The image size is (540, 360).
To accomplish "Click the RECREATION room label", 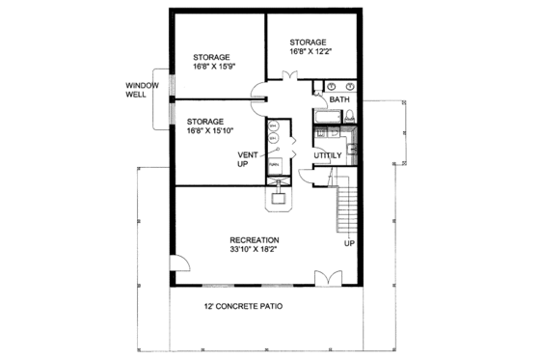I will [x=254, y=239].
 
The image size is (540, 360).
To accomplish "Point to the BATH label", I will [x=338, y=99].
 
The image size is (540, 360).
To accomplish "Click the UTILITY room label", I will [x=330, y=154].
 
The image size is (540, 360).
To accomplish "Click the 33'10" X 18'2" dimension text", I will [x=254, y=250].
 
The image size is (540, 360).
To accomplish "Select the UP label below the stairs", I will [x=349, y=242].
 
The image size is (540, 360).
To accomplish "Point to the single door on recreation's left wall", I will [x=177, y=266].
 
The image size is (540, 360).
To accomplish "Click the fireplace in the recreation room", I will [x=280, y=199].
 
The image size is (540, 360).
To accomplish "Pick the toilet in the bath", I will [x=351, y=117].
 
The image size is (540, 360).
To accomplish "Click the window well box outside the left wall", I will [x=160, y=100].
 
